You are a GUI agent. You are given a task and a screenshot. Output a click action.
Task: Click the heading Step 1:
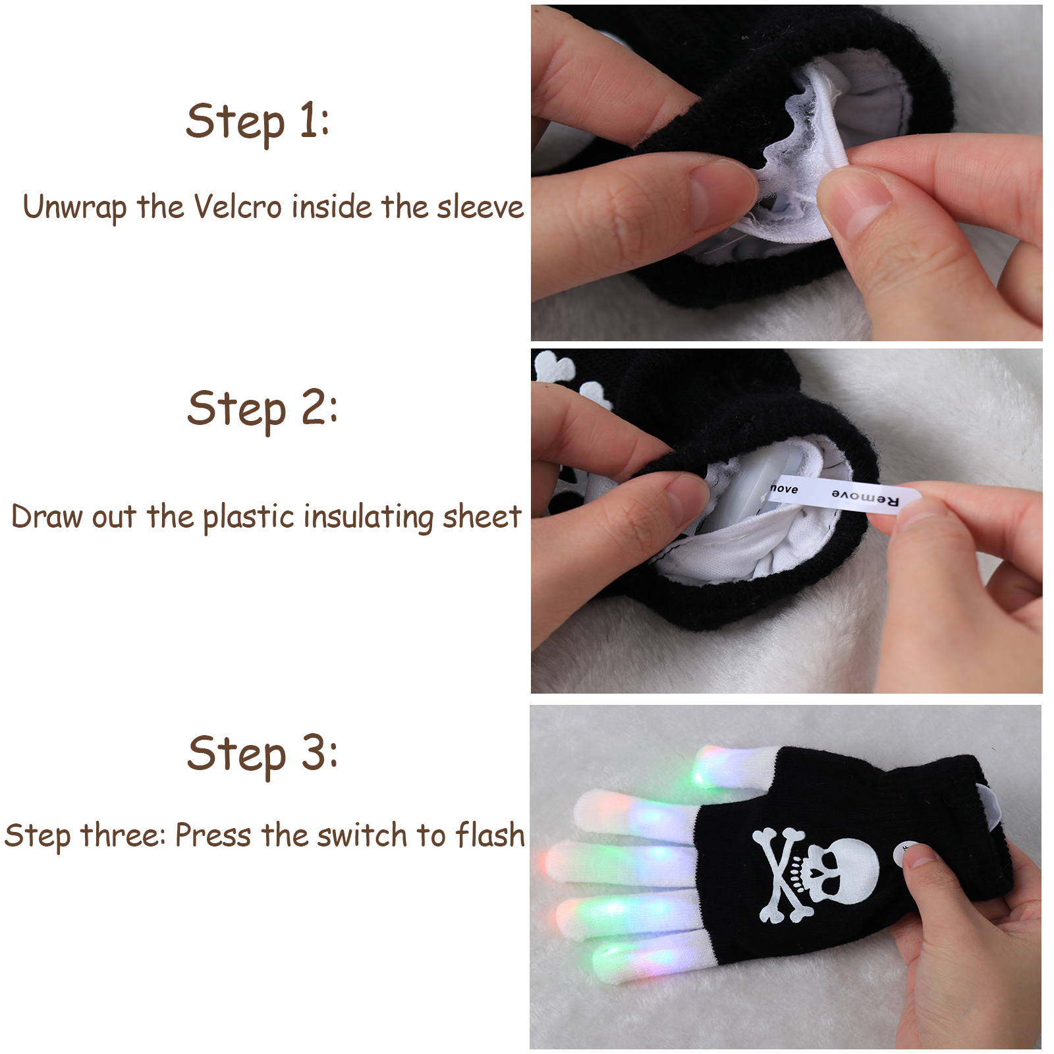coord(258,123)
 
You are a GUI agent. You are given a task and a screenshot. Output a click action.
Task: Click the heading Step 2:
coord(262,409)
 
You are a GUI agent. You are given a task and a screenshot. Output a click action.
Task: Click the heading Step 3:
coord(262,755)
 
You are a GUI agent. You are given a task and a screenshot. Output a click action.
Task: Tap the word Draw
coord(47,516)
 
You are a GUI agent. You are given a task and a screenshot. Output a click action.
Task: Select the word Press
coord(213,835)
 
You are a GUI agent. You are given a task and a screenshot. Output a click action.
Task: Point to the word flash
coord(491,835)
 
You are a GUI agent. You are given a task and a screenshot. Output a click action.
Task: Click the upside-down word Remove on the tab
coord(865,498)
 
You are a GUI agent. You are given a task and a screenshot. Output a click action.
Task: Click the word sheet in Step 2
coord(482,516)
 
